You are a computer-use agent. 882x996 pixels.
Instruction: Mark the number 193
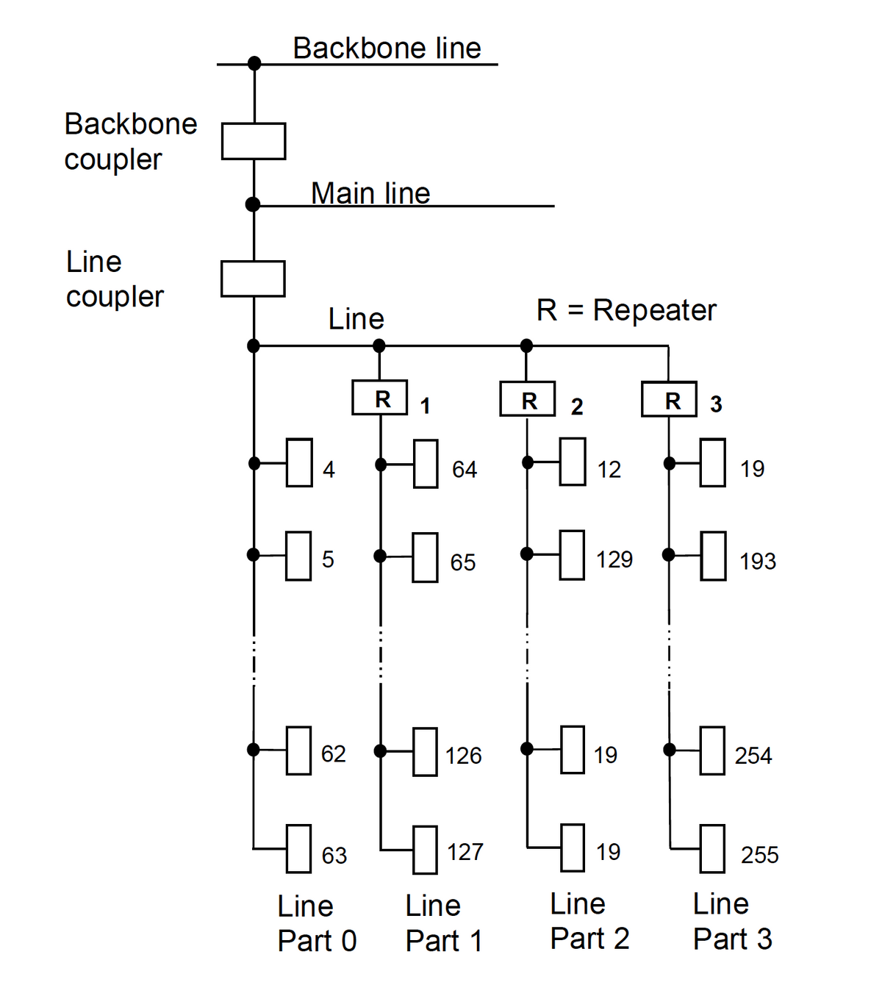tap(758, 561)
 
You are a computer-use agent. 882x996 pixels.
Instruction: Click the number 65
tap(462, 562)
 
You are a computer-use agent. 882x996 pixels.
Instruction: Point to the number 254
tap(753, 755)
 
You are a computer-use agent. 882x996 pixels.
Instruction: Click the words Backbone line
tap(387, 49)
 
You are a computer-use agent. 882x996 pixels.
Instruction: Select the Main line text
tap(370, 193)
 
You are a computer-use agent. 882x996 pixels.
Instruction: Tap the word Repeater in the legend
tap(654, 310)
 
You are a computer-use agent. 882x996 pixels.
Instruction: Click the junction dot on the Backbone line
tap(254, 63)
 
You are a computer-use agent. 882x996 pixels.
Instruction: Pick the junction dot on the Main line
tap(253, 204)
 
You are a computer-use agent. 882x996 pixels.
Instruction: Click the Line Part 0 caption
tap(317, 922)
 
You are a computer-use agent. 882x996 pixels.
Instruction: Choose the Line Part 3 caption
tap(733, 921)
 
